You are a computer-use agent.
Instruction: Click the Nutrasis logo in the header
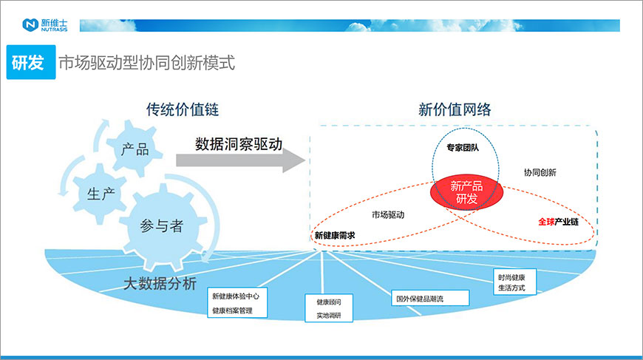(44, 25)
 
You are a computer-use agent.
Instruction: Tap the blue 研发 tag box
(31, 62)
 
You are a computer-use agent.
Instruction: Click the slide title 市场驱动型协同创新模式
(147, 63)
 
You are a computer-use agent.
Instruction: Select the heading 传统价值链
(183, 109)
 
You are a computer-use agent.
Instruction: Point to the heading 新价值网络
(455, 109)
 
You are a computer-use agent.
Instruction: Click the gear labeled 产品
(135, 149)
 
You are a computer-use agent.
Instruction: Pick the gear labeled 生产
(101, 194)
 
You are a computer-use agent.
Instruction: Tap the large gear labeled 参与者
(163, 226)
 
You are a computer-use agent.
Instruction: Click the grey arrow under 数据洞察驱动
(241, 160)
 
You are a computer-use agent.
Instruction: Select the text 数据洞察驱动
(239, 144)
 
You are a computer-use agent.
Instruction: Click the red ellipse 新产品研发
(466, 192)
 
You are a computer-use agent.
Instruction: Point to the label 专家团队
(463, 148)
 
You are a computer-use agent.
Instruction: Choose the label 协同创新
(540, 172)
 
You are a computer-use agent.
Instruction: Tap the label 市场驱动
(388, 214)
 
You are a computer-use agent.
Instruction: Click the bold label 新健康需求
(335, 235)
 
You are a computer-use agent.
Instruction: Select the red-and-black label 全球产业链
(558, 222)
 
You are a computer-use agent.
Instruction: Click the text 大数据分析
(160, 283)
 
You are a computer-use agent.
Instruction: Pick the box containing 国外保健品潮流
(430, 298)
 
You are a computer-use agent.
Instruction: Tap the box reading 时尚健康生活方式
(514, 282)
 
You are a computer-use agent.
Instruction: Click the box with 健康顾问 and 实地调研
(329, 308)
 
